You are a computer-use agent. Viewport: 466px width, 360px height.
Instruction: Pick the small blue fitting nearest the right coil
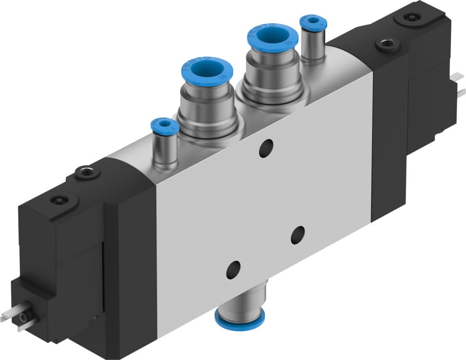313,21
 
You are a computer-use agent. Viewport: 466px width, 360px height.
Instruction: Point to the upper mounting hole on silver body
266,148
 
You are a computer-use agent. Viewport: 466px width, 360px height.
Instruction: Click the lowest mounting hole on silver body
233,269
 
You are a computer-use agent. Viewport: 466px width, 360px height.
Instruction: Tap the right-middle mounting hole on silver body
298,235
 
